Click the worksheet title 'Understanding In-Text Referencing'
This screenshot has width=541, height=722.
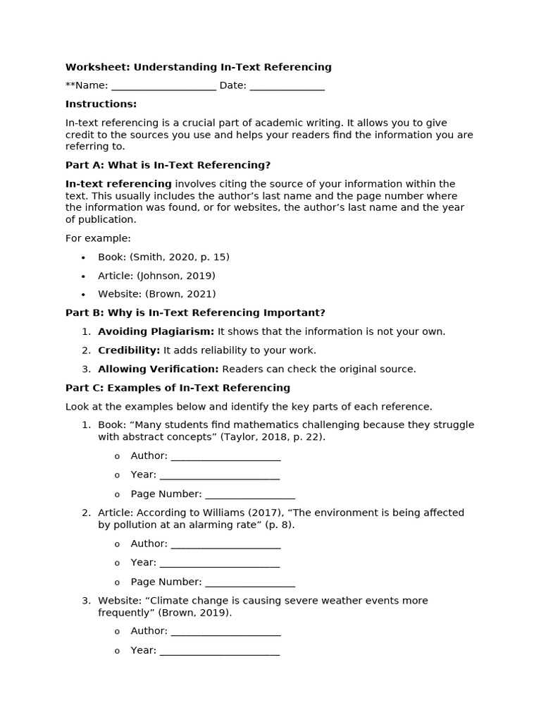tap(232, 67)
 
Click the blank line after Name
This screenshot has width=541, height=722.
tap(163, 86)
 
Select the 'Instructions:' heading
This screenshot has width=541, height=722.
tap(101, 104)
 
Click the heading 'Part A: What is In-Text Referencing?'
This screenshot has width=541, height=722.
tap(168, 165)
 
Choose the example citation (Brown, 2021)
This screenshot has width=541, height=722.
tap(180, 294)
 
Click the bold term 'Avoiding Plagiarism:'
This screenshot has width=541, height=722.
tap(156, 331)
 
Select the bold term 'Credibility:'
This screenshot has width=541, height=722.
tap(129, 350)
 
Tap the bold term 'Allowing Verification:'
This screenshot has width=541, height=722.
tap(158, 369)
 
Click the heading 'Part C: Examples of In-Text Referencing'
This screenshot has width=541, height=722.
tap(178, 388)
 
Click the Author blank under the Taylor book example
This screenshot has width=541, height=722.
tap(225, 456)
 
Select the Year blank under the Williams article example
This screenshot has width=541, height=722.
tap(219, 563)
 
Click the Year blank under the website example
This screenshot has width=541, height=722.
tap(219, 651)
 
